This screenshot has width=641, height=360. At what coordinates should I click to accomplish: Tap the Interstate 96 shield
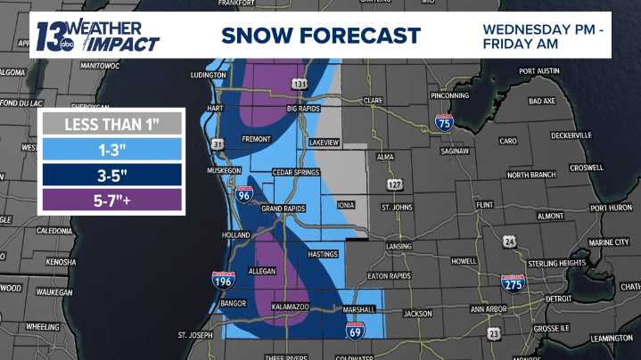pyautogui.click(x=243, y=192)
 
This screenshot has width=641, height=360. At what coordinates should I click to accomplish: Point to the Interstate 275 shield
pyautogui.click(x=512, y=283)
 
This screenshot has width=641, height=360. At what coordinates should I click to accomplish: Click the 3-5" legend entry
pyautogui.click(x=111, y=174)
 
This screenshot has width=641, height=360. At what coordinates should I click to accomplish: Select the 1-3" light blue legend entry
pyautogui.click(x=111, y=148)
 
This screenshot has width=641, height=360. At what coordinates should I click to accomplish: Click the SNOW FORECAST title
pyautogui.click(x=320, y=36)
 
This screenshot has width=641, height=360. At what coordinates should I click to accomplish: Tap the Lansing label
pyautogui.click(x=399, y=246)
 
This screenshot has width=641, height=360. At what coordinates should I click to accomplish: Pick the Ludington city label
pyautogui.click(x=208, y=76)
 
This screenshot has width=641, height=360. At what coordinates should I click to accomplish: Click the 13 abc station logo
pyautogui.click(x=55, y=37)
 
